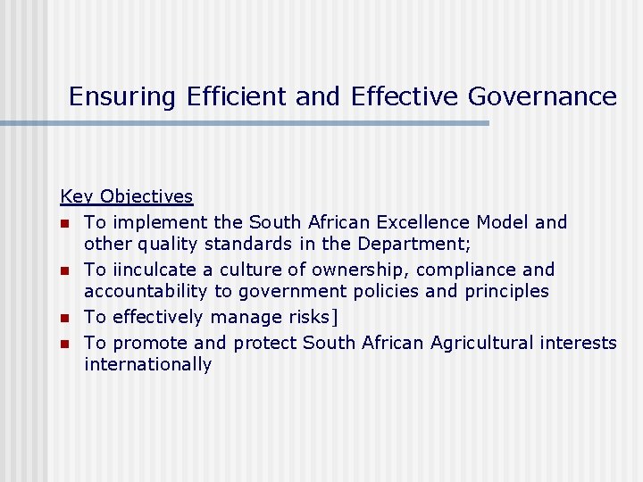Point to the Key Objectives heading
point(126,196)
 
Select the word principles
point(504,292)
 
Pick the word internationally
point(147,365)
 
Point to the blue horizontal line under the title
point(245,123)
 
